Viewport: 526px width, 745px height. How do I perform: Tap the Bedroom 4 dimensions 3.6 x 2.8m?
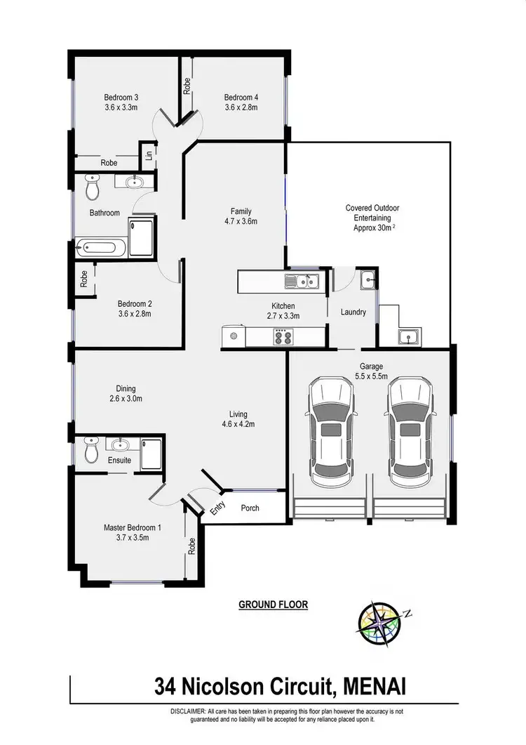[x=241, y=108]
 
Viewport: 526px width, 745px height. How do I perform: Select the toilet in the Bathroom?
[x=92, y=187]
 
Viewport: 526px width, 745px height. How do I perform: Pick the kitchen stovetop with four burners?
[x=283, y=337]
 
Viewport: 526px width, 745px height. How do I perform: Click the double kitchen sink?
[x=302, y=282]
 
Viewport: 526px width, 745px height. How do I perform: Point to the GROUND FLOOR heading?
[x=274, y=605]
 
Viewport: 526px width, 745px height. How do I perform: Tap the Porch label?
[x=250, y=508]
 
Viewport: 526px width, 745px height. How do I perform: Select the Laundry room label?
[x=353, y=312]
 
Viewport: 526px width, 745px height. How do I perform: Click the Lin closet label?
[x=149, y=155]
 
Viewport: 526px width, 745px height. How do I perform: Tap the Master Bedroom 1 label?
[x=133, y=527]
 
